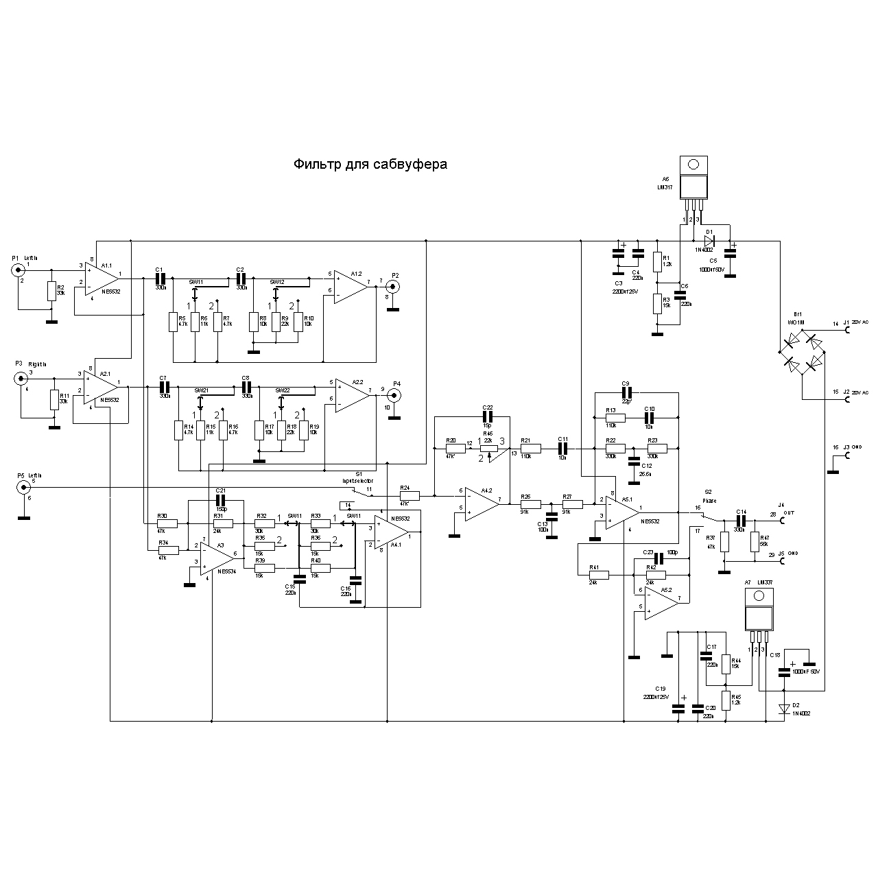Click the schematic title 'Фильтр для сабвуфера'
pyautogui.click(x=370, y=165)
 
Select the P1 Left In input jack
pyautogui.click(x=16, y=270)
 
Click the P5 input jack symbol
pyautogui.click(x=23, y=487)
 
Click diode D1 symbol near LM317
pyautogui.click(x=710, y=241)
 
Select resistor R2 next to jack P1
pyautogui.click(x=51, y=291)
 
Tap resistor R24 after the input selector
pyautogui.click(x=410, y=495)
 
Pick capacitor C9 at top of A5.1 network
pyautogui.click(x=625, y=392)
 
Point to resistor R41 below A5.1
pyautogui.click(x=599, y=575)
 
